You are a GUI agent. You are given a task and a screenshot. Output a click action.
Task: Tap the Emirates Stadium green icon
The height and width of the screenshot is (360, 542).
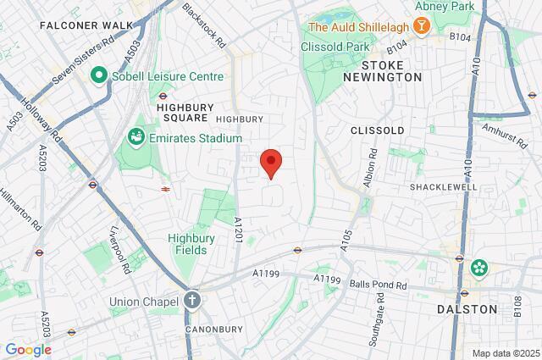tap(135, 137)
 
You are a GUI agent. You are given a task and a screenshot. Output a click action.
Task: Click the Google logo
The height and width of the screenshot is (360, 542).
tap(28, 350)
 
